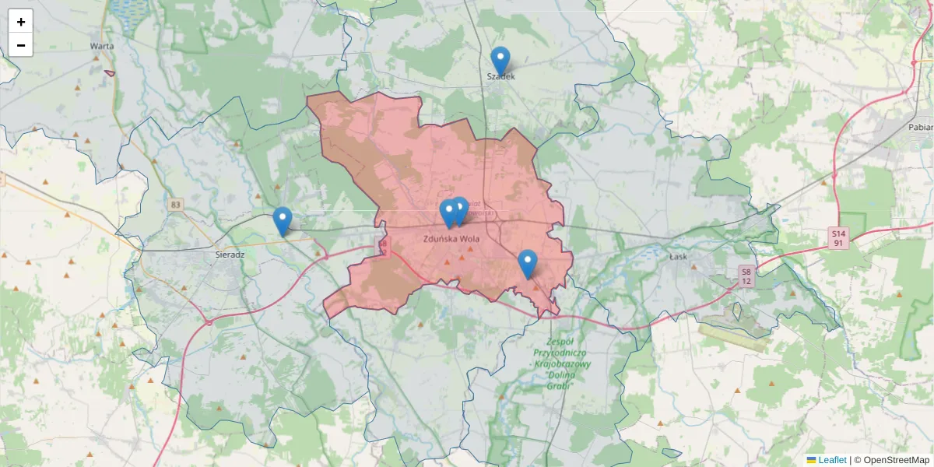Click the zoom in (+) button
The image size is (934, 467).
(21, 22)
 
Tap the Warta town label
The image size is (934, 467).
(102, 46)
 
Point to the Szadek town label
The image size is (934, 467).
(500, 76)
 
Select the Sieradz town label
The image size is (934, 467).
(230, 255)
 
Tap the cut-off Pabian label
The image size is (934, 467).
(920, 127)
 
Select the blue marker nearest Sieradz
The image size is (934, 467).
(283, 220)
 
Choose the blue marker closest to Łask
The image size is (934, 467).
(528, 263)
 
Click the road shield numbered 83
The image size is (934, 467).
(176, 205)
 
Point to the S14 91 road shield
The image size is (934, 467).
(837, 238)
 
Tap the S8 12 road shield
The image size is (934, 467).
(746, 276)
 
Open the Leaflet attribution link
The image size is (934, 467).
(832, 460)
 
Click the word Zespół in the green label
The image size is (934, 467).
(560, 342)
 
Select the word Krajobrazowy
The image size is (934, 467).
(562, 363)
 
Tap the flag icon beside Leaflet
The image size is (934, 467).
(811, 460)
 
